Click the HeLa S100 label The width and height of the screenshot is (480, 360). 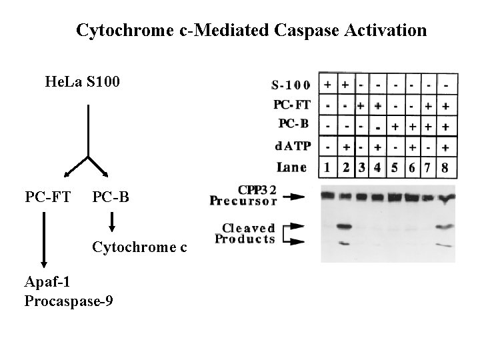[82, 83]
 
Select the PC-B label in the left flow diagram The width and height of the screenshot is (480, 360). [111, 197]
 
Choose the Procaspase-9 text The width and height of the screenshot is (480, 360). [68, 301]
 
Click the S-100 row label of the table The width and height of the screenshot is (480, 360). [291, 85]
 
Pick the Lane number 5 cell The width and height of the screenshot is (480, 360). [395, 167]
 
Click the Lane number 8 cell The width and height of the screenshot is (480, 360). [445, 167]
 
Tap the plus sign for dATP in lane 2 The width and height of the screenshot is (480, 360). [345, 147]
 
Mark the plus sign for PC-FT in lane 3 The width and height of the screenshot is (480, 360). [361, 105]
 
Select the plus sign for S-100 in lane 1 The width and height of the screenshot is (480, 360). [328, 85]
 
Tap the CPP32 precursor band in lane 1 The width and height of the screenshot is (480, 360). [328, 196]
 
